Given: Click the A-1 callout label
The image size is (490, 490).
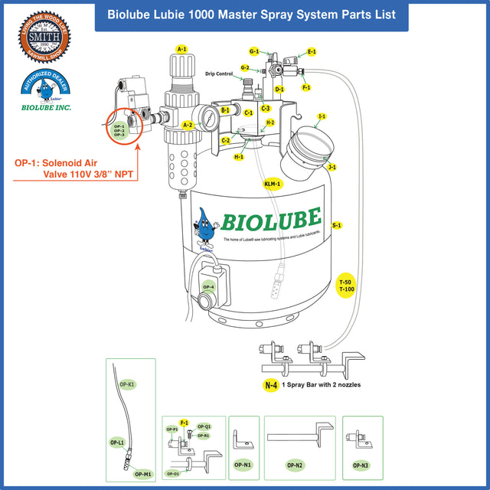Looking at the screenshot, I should pyautogui.click(x=181, y=49).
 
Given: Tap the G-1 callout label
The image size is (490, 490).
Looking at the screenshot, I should pyautogui.click(x=254, y=51).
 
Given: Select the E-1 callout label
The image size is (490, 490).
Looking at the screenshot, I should pyautogui.click(x=312, y=51).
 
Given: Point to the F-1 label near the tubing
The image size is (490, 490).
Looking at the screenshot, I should pyautogui.click(x=305, y=87).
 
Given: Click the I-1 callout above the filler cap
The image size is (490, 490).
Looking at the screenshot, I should pyautogui.click(x=322, y=116).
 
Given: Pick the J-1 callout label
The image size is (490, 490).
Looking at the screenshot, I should pyautogui.click(x=332, y=166).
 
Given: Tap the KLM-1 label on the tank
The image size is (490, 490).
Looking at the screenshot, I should pyautogui.click(x=273, y=184).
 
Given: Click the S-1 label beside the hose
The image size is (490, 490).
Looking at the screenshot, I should pyautogui.click(x=337, y=225).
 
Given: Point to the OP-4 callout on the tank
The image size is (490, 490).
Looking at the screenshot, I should pyautogui.click(x=207, y=287).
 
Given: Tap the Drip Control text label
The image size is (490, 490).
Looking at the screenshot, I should pyautogui.click(x=220, y=74).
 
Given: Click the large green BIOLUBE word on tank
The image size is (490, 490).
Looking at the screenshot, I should pyautogui.click(x=271, y=220).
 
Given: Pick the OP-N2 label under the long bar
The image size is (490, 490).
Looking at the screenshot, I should pyautogui.click(x=295, y=465).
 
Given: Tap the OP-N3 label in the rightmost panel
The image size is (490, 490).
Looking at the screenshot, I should pyautogui.click(x=361, y=465).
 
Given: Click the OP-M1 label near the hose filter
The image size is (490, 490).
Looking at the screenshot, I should pyautogui.click(x=142, y=474).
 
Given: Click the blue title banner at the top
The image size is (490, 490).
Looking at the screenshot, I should pyautogui.click(x=251, y=15).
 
